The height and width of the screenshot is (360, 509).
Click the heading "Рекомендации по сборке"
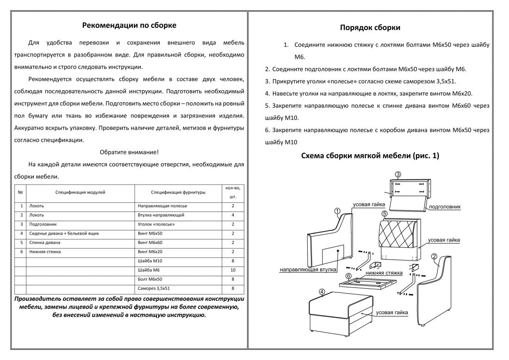129,25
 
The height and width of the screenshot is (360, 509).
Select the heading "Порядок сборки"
370,27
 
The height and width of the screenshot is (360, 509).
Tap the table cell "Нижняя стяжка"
44,252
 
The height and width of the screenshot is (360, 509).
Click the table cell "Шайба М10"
148,261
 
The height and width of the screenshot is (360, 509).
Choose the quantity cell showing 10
233,270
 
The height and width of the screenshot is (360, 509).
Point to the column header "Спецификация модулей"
80,192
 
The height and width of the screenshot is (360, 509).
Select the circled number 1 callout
338,211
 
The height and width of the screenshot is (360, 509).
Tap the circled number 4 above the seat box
322,291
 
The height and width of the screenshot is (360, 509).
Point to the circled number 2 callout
435,257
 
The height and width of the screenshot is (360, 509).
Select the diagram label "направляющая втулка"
308,269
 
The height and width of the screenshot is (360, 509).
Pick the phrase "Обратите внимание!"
129,152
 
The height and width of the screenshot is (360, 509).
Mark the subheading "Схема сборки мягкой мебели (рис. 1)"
370,156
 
